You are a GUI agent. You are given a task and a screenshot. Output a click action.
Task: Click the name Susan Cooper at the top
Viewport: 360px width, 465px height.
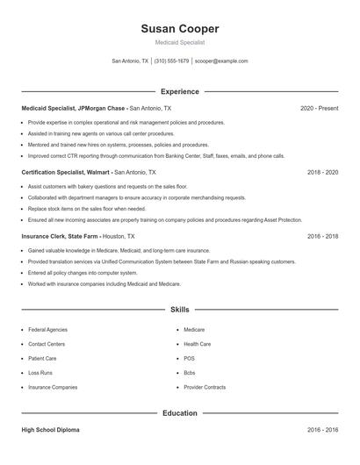click(x=179, y=29)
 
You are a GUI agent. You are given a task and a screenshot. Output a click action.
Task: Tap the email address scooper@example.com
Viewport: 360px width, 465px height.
click(x=221, y=61)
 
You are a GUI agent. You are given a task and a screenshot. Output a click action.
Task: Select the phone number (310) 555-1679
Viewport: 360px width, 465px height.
click(x=171, y=61)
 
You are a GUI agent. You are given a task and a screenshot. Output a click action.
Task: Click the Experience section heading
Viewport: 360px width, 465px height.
click(x=179, y=91)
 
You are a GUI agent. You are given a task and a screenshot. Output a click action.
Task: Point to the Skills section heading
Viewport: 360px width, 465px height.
click(x=179, y=310)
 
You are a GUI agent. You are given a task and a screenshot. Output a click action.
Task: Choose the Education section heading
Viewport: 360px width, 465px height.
click(x=179, y=412)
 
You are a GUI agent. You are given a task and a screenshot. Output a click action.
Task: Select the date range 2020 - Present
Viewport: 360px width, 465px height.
click(x=319, y=108)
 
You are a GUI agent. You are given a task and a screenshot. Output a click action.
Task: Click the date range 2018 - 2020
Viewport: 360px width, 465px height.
click(x=322, y=173)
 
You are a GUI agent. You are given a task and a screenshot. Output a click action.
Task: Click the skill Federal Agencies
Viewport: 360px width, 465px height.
click(x=47, y=330)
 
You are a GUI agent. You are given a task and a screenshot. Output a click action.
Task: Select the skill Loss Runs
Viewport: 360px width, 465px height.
click(x=41, y=373)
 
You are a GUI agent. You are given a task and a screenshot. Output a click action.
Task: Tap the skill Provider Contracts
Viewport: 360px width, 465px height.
click(x=205, y=387)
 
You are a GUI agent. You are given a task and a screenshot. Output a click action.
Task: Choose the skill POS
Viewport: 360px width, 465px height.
click(x=189, y=359)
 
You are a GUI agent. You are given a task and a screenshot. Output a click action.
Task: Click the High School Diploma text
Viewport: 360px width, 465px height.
click(x=51, y=431)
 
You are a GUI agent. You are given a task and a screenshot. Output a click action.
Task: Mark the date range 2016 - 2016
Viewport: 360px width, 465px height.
click(x=322, y=431)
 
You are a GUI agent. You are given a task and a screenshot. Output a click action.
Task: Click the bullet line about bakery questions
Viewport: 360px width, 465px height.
click(x=108, y=187)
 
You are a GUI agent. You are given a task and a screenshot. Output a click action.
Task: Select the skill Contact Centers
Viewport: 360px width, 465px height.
click(x=47, y=344)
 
